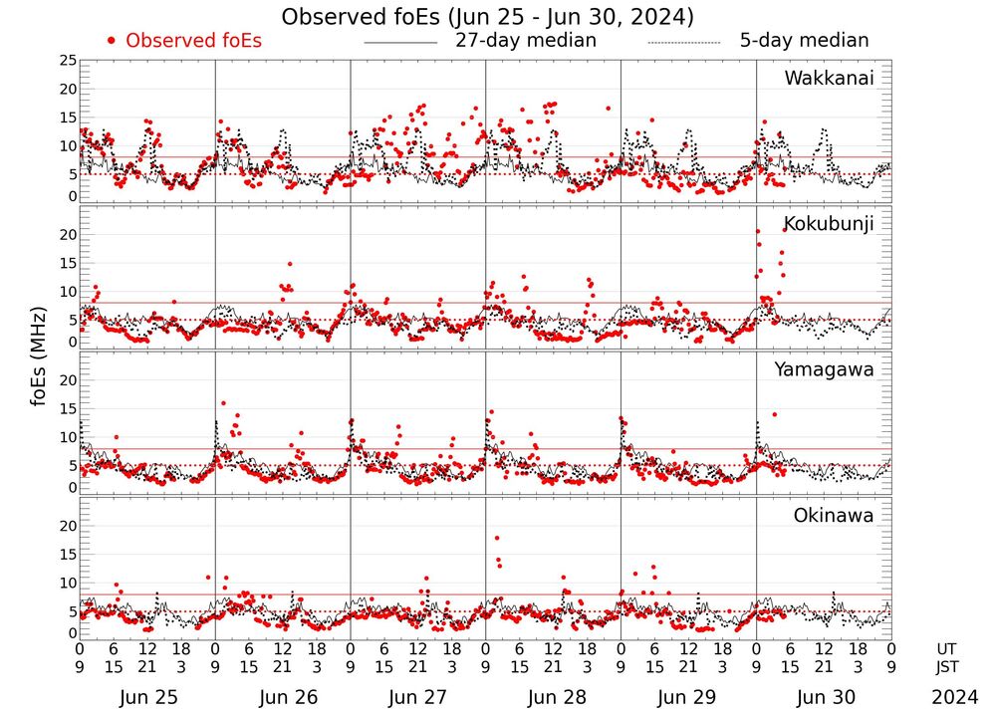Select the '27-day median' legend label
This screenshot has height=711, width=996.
(x=526, y=41)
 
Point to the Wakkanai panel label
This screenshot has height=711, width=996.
(x=829, y=79)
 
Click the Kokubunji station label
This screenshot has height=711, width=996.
(x=829, y=223)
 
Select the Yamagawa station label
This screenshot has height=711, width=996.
(x=825, y=369)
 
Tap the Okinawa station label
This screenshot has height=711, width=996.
(x=834, y=516)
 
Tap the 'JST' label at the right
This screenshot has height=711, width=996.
(x=949, y=666)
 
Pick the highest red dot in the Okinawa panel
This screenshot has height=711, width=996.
(x=496, y=539)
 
